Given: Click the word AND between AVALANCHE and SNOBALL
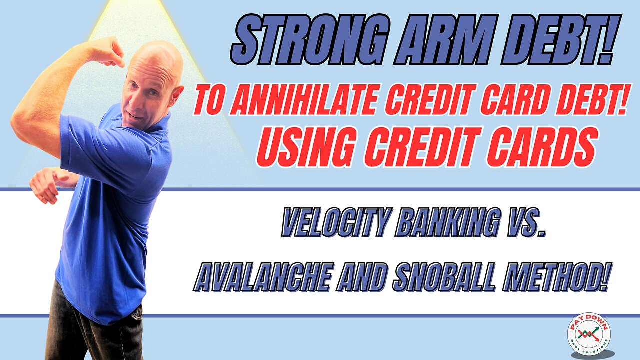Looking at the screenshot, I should pos(362,279).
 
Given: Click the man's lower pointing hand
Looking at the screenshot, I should pos(45,184).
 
